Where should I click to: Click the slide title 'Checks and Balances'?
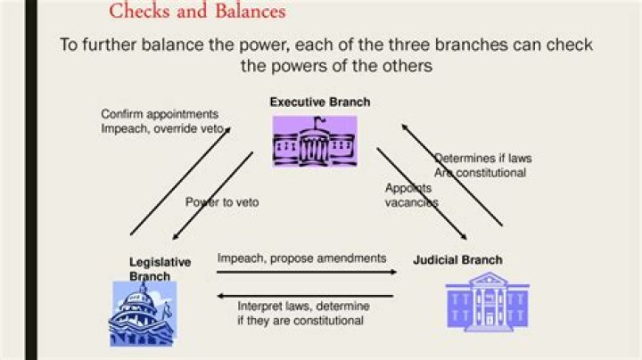(197, 12)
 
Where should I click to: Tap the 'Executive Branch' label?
(320, 102)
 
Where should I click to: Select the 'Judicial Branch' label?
(457, 260)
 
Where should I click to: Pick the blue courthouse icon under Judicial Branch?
(487, 303)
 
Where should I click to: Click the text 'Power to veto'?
(222, 202)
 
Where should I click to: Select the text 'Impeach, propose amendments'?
(301, 258)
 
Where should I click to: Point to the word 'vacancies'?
(411, 202)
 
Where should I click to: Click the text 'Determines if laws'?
(483, 159)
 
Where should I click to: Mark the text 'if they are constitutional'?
(300, 320)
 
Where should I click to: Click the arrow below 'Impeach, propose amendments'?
(308, 272)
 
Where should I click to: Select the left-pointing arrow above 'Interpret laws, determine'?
(308, 295)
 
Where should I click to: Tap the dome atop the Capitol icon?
(142, 291)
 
